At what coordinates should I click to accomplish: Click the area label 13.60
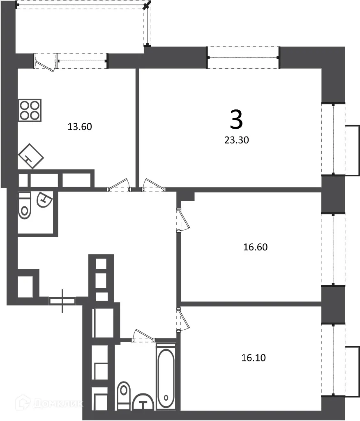[x=79, y=127]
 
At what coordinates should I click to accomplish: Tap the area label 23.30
[x=236, y=140]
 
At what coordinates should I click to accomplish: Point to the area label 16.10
[x=254, y=358]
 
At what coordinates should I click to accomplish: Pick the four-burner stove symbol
[x=30, y=110]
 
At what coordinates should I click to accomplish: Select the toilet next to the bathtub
[x=123, y=396]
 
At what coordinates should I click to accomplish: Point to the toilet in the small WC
[x=25, y=206]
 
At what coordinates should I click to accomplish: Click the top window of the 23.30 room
[x=243, y=57]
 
